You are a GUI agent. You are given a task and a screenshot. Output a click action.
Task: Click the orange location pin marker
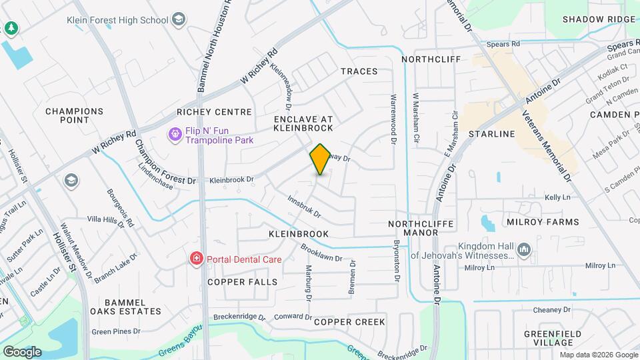pos(320,159)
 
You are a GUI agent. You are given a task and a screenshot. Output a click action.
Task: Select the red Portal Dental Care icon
pos(196,259)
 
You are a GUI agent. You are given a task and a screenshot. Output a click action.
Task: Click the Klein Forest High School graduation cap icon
pos(178,19)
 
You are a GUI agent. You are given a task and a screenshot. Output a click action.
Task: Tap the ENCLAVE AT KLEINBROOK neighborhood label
pos(303,123)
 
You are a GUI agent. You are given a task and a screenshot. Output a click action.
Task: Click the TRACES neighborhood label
pos(359,71)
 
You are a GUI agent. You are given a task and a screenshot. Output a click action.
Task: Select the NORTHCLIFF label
pos(431,59)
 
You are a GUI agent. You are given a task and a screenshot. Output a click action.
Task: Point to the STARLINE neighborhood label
pos(492,134)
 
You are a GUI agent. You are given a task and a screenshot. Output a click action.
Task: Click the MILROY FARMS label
pos(542,222)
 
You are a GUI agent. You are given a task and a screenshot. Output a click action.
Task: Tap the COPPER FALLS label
pos(242,282)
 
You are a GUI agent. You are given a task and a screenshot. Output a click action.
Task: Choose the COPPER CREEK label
pos(349,322)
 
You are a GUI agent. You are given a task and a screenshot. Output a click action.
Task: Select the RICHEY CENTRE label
pos(214,112)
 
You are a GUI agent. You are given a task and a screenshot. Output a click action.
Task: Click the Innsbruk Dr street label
pos(304,207)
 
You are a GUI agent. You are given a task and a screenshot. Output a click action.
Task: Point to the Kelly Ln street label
pos(557,197)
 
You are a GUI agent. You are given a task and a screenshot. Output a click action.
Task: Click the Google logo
pos(22,351)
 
